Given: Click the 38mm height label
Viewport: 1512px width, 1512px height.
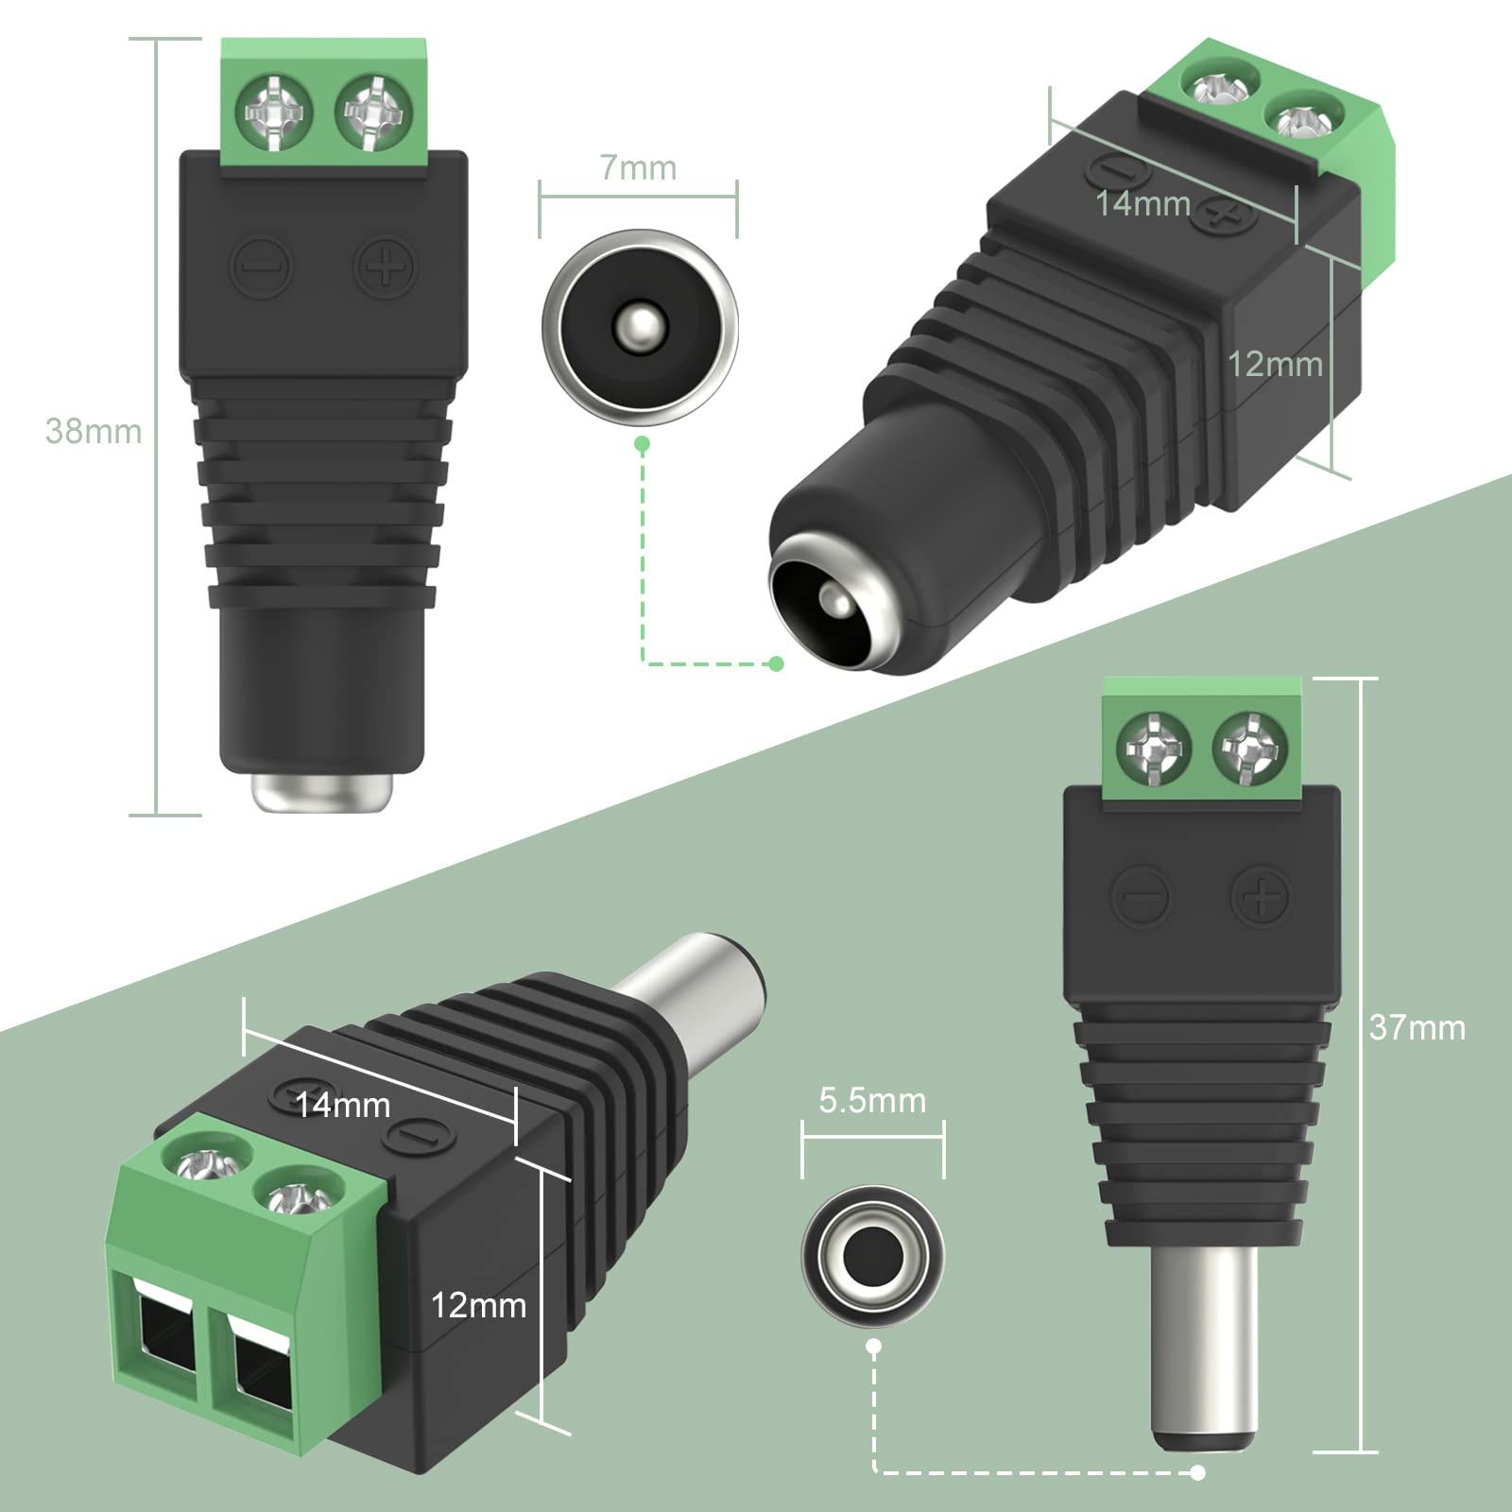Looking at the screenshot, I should click(93, 431).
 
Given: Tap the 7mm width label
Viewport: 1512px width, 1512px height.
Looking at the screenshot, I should click(639, 168).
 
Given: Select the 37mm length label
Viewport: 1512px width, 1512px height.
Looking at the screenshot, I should click(1417, 1027).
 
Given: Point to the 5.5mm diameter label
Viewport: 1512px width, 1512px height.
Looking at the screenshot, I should click(872, 1100).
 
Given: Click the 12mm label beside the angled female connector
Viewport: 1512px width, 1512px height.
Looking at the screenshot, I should click(1275, 364).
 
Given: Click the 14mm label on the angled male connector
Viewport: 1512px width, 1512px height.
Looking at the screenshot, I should click(342, 1105).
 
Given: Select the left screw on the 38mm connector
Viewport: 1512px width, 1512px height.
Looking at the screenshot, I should click(274, 115).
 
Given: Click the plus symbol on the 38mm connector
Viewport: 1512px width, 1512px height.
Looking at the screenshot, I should click(386, 267).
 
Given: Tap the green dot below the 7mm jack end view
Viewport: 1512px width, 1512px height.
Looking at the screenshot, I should click(643, 443).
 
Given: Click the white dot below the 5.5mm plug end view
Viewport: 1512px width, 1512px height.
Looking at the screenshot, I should click(874, 1346).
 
